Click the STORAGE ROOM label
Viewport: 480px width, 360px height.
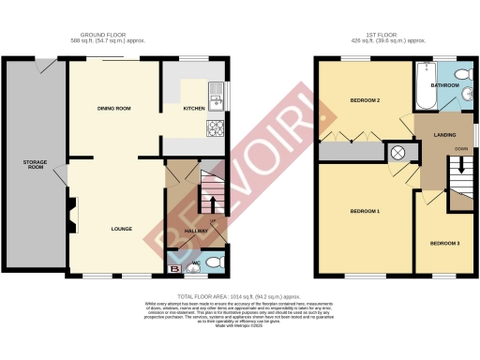35,166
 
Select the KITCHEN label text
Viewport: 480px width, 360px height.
192,109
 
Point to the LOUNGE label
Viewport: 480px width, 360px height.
121,229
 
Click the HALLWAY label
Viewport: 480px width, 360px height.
196,231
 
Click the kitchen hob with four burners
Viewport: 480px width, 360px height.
216,127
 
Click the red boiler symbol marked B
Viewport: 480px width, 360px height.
172,267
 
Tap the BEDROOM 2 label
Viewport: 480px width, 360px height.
364,99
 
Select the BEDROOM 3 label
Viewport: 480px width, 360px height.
444,244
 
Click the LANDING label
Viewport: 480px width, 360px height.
444,135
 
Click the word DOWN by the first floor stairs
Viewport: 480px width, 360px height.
461,149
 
